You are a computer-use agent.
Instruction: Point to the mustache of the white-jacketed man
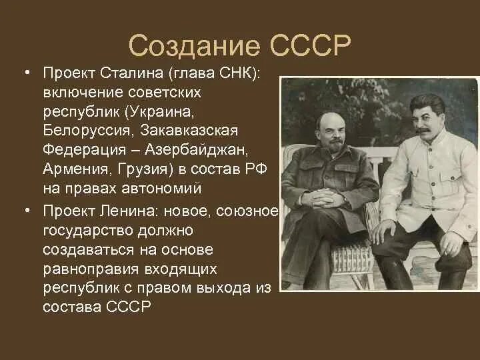coord(427,131)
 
